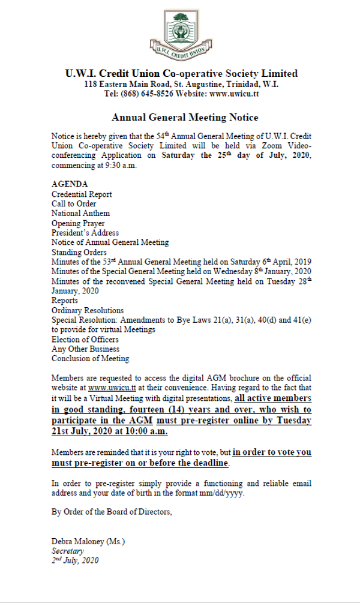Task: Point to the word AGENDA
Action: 70,184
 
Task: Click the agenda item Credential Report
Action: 81,194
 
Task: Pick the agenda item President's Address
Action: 85,232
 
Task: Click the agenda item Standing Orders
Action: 79,252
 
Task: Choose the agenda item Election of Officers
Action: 85,340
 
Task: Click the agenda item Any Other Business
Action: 85,349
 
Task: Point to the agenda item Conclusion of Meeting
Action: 90,359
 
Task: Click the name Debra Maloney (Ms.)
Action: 88,541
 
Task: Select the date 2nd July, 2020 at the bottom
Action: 75,560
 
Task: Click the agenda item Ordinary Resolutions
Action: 88,310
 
